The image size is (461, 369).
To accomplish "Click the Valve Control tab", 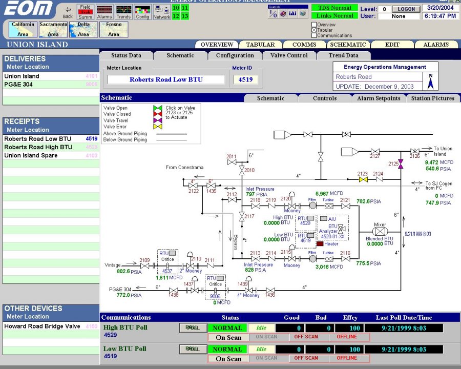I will click(289, 55).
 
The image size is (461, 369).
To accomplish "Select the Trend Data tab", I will click(343, 55).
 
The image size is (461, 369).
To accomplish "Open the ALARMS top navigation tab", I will click(436, 45).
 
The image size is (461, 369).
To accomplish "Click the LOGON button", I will click(406, 9).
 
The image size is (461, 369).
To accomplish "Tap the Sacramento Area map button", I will click(53, 29).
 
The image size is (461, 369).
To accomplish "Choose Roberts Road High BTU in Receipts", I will click(38, 147).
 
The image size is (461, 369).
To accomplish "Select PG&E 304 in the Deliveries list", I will click(18, 85).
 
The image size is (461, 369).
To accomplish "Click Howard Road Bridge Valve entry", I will click(42, 326).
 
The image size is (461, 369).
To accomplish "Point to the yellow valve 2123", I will click(363, 180).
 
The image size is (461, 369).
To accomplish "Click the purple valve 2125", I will click(401, 163).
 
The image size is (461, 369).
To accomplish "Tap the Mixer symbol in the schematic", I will click(380, 231).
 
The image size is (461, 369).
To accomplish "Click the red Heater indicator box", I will click(321, 243).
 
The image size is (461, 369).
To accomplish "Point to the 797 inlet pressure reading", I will click(250, 194).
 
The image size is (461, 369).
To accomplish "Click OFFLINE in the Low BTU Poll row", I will click(347, 358).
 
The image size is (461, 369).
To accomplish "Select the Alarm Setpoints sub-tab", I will click(378, 98).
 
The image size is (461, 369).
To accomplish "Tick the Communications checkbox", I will click(314, 36).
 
